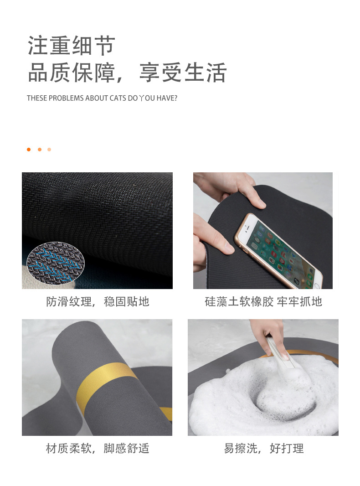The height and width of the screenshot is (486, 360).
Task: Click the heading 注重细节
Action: [72, 46]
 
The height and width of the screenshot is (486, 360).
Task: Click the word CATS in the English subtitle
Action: [118, 98]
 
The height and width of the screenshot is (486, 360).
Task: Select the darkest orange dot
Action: [29, 150]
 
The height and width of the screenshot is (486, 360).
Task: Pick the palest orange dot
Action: [49, 150]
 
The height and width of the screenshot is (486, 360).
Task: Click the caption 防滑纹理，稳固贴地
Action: [98, 301]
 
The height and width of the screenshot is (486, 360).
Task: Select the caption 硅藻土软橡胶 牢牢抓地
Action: [263, 301]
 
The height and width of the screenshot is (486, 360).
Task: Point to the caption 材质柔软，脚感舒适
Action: [98, 448]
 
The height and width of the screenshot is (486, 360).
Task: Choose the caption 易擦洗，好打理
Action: [263, 448]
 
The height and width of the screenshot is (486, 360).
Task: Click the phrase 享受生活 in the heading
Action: [183, 73]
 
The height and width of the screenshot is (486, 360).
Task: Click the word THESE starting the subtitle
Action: [36, 98]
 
